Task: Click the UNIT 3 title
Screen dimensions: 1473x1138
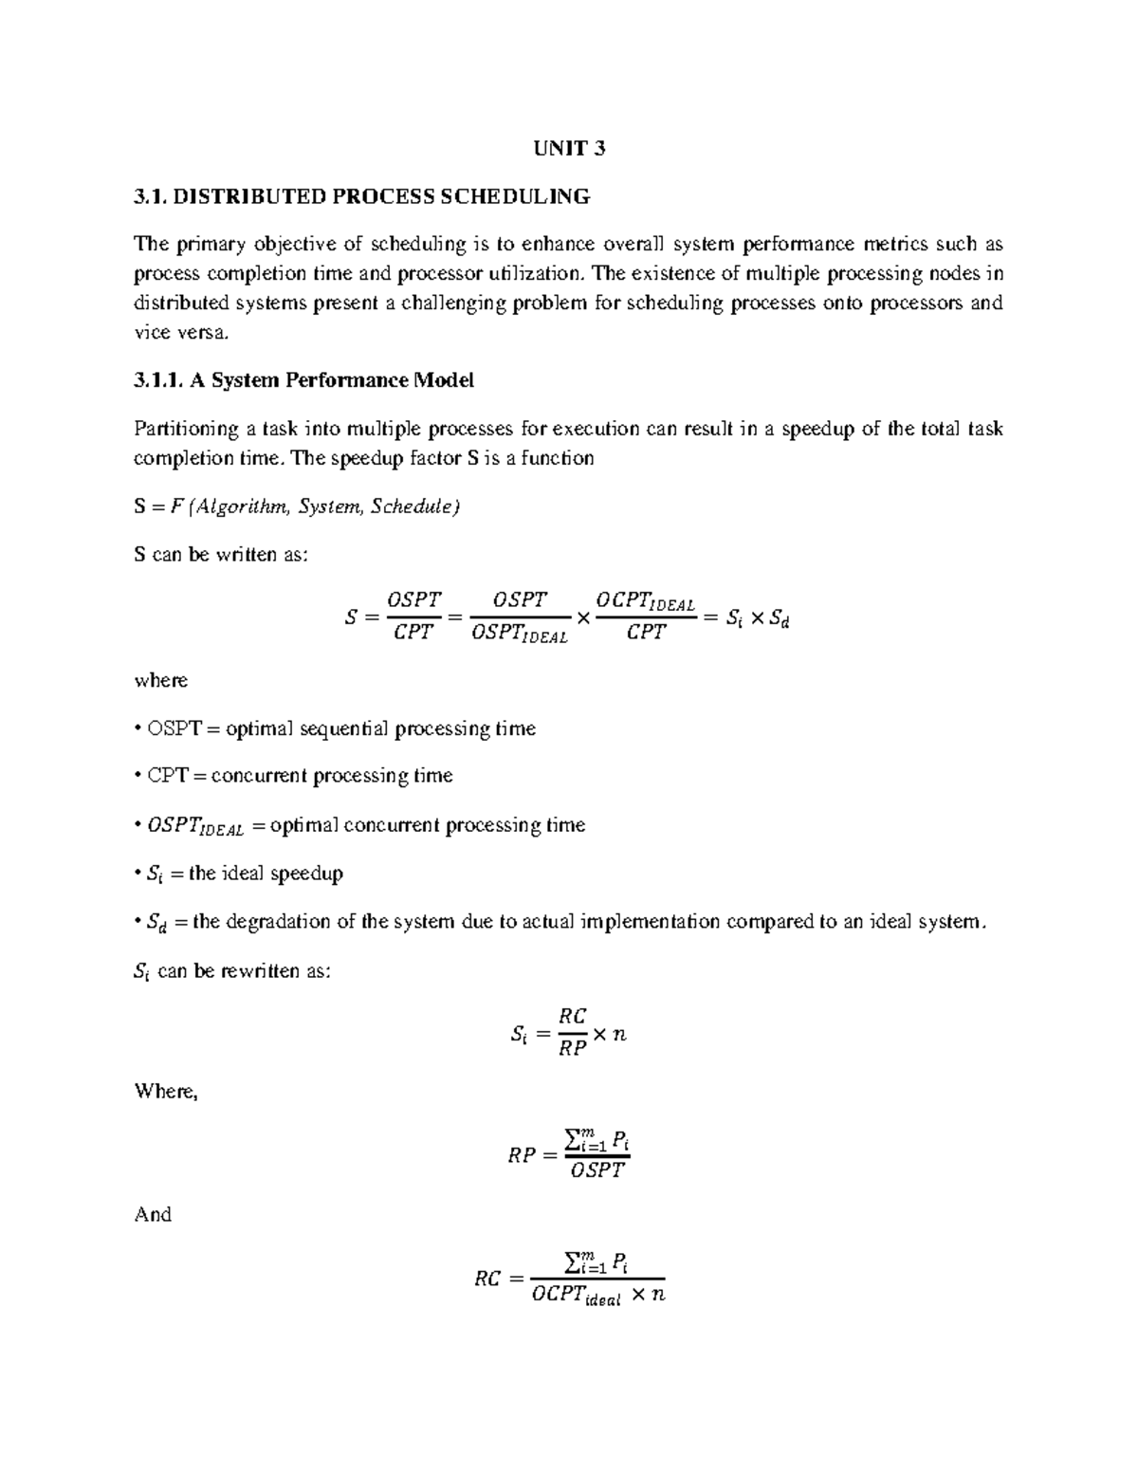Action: tap(569, 148)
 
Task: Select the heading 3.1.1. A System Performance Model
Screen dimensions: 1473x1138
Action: tap(303, 380)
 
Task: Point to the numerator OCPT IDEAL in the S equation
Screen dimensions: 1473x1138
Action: tap(645, 601)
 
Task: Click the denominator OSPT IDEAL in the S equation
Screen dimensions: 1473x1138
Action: tap(519, 635)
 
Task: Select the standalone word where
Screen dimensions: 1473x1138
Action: tap(161, 680)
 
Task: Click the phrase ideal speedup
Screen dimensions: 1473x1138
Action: tap(282, 873)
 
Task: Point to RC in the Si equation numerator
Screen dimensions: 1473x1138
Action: tap(573, 1017)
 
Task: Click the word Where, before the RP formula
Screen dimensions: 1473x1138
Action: tap(166, 1091)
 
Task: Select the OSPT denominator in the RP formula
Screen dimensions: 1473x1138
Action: tap(597, 1170)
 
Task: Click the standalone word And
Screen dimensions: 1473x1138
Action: tap(153, 1214)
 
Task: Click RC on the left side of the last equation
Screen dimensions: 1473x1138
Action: tap(487, 1280)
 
